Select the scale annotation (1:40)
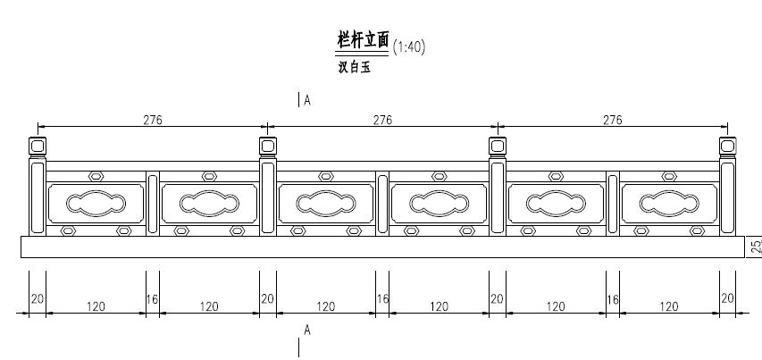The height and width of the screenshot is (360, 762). tap(408, 47)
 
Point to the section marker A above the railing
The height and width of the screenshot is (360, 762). tap(306, 101)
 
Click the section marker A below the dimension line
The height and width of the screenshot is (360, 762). tap(306, 331)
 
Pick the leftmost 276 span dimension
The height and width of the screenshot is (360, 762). tap(153, 120)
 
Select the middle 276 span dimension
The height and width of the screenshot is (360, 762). tap(382, 120)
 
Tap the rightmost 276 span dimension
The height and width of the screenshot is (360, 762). tap(612, 120)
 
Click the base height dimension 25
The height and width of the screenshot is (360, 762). tap(755, 246)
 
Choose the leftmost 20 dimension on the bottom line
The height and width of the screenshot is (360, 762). tap(37, 298)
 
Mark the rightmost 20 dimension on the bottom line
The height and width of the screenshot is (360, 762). tap(727, 298)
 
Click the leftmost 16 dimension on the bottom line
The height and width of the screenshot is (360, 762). tap(152, 298)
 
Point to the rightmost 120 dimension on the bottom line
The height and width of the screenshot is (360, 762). tap(668, 306)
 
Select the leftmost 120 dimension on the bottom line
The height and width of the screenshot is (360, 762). tap(96, 306)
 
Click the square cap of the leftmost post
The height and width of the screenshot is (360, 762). tap(38, 145)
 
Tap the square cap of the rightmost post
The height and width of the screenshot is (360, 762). tap(727, 145)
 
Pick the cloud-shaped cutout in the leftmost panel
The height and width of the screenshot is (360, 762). tap(96, 203)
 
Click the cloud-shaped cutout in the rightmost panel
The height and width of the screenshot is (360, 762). tap(669, 203)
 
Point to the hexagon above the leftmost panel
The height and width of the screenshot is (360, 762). tap(96, 176)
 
